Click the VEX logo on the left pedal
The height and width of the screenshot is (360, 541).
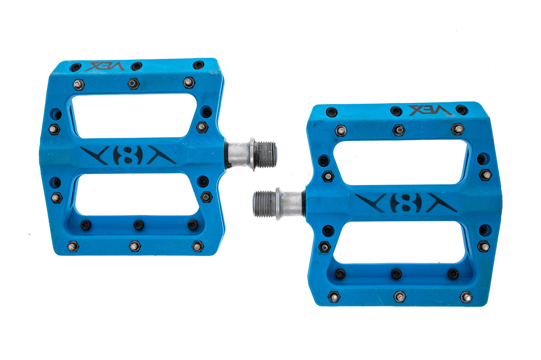(105, 66)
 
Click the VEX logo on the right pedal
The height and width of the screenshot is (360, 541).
(430, 110)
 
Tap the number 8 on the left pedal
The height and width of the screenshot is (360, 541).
(128, 156)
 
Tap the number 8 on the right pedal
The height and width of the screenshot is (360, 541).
(406, 203)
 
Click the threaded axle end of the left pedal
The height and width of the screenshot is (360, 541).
(266, 155)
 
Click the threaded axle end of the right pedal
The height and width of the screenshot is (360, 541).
(264, 204)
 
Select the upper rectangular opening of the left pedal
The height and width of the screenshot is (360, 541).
(134, 116)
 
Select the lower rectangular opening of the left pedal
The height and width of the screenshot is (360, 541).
(137, 194)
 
